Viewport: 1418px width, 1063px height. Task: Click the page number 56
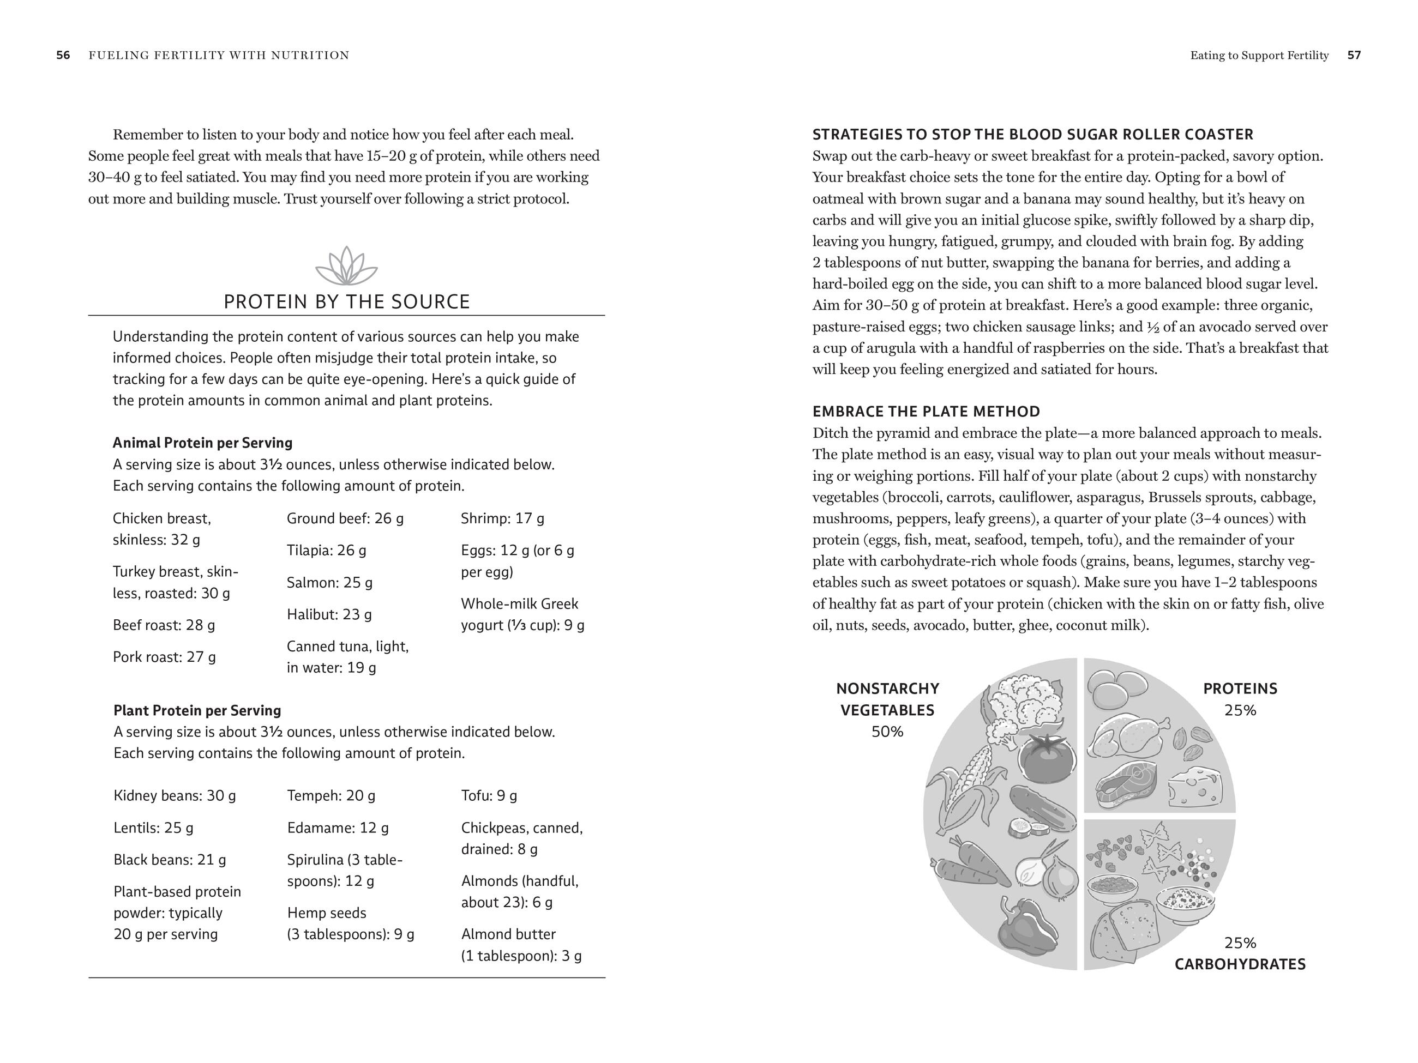(63, 55)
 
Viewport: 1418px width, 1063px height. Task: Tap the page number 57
(1354, 55)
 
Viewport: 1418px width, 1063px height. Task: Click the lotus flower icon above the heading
(346, 266)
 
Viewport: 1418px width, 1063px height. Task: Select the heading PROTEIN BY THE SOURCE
(346, 302)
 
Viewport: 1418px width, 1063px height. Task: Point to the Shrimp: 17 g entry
(502, 518)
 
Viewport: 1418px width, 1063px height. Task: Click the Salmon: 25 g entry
(329, 582)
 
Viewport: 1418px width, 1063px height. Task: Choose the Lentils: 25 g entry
(153, 828)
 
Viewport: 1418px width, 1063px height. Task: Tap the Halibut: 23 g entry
(329, 614)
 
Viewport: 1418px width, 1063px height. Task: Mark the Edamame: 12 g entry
(337, 828)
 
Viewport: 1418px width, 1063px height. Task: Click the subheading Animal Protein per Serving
(202, 443)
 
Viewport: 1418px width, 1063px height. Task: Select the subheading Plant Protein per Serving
(197, 711)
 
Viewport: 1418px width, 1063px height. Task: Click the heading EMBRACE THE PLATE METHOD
(926, 412)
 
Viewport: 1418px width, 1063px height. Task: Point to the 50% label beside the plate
(887, 732)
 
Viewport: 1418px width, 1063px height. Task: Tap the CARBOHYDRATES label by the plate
(1239, 964)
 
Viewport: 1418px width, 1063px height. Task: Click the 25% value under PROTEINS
(1240, 711)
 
